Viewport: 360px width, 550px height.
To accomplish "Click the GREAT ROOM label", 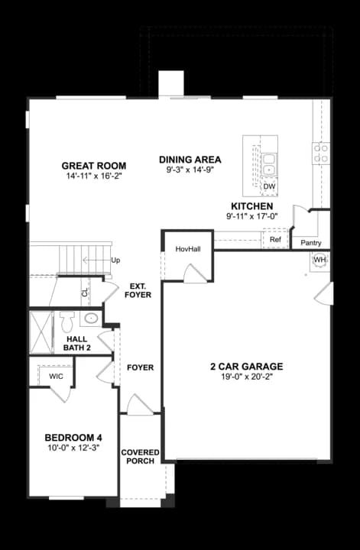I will pos(94,166).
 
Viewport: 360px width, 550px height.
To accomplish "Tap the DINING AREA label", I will pos(190,160).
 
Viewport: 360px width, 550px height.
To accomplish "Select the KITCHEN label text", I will pos(251,206).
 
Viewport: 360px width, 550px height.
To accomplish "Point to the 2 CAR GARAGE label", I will pos(247,367).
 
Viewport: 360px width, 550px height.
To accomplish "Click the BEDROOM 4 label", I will pos(73,437).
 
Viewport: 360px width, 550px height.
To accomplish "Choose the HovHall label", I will pos(187,249).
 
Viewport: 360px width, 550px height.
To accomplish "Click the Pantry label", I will pos(311,243).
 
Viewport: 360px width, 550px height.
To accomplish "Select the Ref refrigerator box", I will pos(276,240).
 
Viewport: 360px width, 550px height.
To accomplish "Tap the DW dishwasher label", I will pos(269,186).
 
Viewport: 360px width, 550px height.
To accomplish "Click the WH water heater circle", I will pos(319,260).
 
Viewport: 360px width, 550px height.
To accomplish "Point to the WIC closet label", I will pos(56,377).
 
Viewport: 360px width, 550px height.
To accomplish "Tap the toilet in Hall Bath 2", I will pos(66,318).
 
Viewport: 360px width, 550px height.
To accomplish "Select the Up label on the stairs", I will pos(116,260).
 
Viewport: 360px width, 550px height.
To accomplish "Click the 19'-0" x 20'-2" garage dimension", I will pos(247,378).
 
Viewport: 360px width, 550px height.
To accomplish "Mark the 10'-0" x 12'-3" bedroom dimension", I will pos(73,448).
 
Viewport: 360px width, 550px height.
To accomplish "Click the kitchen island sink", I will pos(269,163).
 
